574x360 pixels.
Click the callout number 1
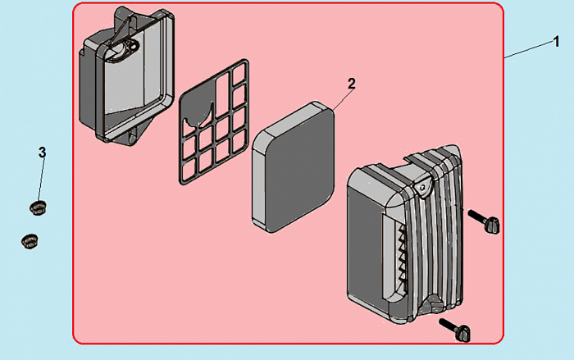557,43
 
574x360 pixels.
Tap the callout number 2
351,84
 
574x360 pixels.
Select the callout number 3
42,153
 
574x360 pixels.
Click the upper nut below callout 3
36,205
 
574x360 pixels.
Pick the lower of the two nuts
30,240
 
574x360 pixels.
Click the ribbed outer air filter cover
402,238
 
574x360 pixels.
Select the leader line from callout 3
40,176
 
